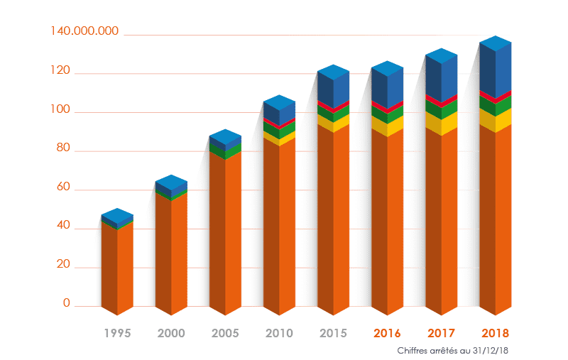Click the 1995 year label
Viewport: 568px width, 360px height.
(118, 332)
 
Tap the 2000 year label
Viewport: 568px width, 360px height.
(172, 332)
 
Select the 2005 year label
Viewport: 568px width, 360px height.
(226, 332)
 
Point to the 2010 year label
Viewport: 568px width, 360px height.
(279, 332)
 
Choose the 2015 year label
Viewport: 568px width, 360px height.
(333, 332)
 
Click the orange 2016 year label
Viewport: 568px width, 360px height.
(387, 332)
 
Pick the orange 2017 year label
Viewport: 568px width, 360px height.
(441, 332)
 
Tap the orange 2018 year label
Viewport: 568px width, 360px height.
(495, 332)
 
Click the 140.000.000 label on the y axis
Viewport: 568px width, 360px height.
(84, 31)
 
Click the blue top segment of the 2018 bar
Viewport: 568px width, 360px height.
(496, 67)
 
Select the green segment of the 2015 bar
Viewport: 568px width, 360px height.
(333, 113)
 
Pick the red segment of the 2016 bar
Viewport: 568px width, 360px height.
(387, 105)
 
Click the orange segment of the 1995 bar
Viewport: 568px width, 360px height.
(118, 270)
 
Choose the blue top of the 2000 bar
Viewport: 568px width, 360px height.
(172, 185)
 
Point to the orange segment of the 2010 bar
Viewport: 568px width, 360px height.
(279, 227)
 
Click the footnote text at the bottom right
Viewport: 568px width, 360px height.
(454, 350)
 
